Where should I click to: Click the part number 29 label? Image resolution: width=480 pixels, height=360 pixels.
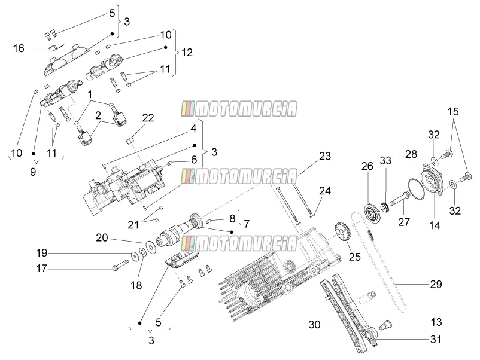click(436, 285)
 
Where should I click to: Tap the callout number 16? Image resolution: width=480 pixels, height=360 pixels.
click(19, 48)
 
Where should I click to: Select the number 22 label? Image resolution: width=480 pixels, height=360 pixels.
click(148, 118)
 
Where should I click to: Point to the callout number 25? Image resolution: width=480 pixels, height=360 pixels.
click(355, 257)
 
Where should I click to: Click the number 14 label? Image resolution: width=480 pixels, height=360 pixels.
click(435, 225)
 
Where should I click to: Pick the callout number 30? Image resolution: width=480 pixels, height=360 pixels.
click(314, 325)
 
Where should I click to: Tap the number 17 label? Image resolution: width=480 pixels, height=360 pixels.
click(41, 269)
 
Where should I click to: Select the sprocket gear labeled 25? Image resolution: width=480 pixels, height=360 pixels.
click(342, 234)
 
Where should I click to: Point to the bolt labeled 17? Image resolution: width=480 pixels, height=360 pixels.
click(121, 264)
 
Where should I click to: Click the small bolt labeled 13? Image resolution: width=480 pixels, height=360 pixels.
click(385, 324)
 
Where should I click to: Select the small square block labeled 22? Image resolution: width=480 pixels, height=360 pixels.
click(130, 141)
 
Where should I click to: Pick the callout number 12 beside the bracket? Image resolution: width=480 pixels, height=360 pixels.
click(187, 52)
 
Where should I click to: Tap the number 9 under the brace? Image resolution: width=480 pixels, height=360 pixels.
click(33, 172)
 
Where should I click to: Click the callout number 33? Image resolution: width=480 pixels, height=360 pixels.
click(385, 160)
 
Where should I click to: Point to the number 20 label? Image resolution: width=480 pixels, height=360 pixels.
click(102, 237)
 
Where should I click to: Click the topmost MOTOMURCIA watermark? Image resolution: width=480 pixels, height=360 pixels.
click(239, 109)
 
